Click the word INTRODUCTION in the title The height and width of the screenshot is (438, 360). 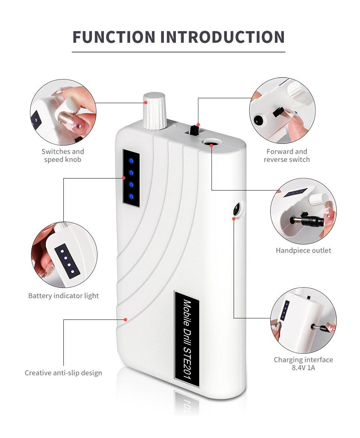223,37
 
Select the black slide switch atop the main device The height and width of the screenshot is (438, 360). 193,130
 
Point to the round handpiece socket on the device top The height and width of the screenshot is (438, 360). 211,143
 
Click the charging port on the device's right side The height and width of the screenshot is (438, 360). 237,209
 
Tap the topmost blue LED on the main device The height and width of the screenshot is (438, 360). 131,160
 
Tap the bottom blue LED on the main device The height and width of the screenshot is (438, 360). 131,196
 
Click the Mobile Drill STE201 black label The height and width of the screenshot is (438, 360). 187,339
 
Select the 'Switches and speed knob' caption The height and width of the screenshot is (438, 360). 63,156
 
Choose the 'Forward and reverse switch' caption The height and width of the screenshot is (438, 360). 287,156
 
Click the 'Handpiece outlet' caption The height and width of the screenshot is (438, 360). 303,250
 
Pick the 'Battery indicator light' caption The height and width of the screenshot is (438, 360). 63,295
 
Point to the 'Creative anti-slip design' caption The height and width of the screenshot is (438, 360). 63,373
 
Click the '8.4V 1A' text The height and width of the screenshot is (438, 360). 303,367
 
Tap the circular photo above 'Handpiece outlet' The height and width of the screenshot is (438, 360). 303,211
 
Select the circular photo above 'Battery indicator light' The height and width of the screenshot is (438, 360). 64,255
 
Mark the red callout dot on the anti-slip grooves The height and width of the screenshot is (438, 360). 126,319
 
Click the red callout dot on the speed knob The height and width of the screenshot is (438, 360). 145,102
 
